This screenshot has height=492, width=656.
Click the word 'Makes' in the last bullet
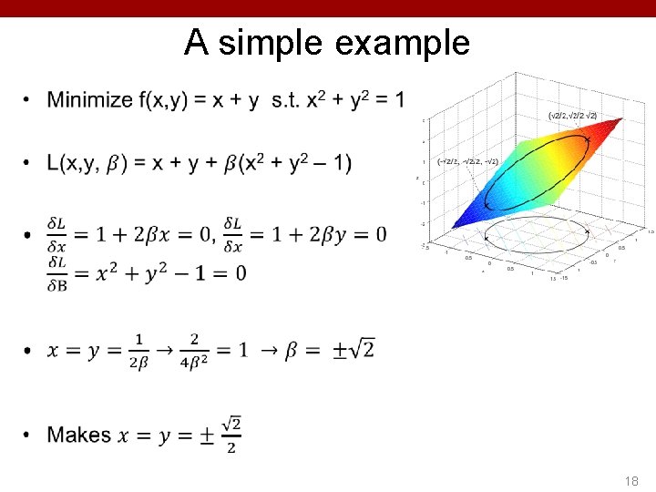coord(79,436)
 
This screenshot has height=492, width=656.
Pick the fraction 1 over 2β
coord(138,351)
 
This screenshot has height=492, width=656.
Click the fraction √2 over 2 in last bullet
coord(231,436)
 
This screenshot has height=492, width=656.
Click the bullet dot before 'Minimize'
coord(28,99)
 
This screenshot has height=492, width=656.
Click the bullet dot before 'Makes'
coord(28,436)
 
